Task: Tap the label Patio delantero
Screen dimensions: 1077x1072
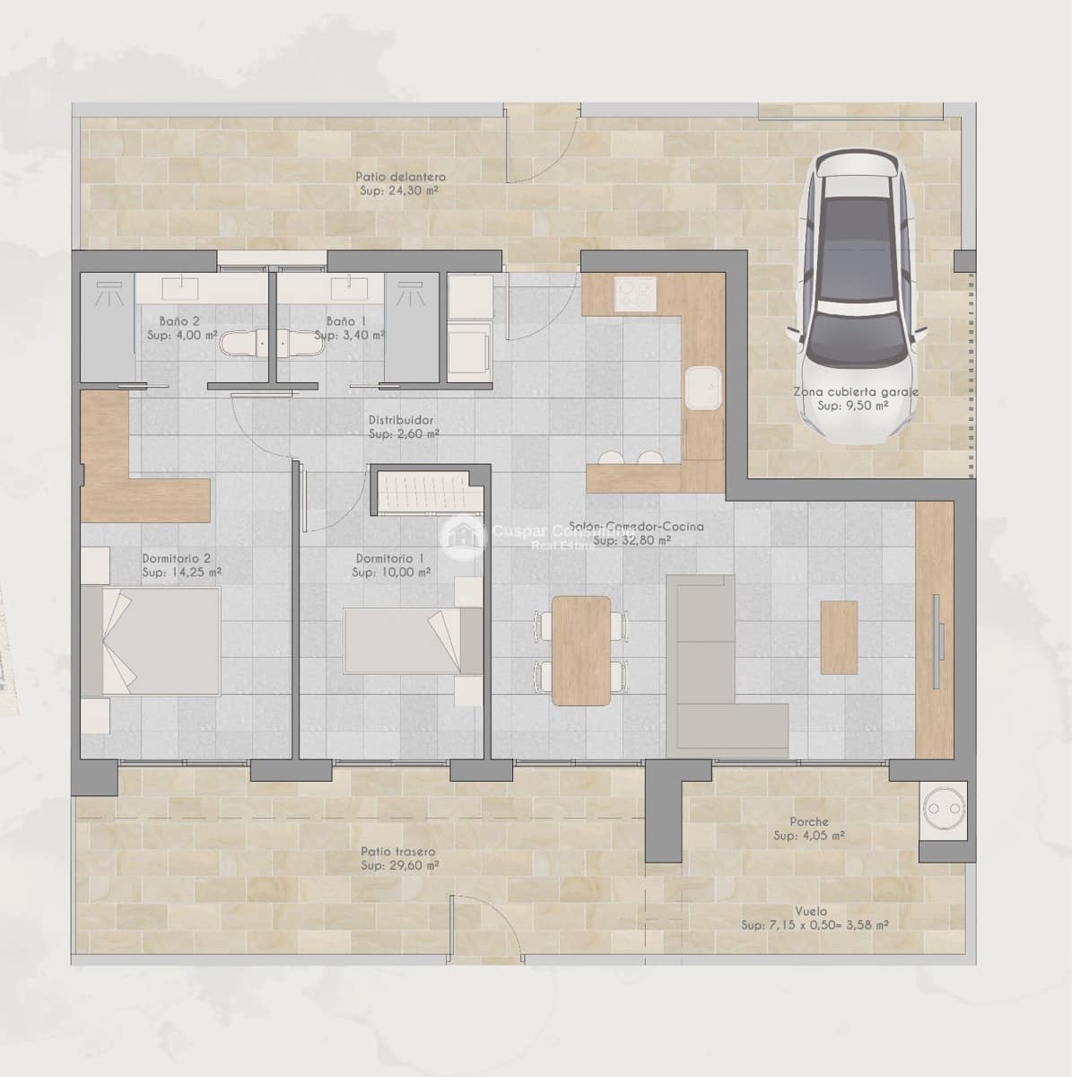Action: point(400,177)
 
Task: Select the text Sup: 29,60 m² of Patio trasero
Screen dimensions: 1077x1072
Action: point(400,866)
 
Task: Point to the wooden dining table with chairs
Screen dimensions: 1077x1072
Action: point(580,650)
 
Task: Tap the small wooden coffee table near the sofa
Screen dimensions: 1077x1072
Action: point(838,636)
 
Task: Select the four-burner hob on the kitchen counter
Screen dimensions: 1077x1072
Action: point(635,292)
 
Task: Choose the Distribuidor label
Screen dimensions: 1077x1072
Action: point(401,420)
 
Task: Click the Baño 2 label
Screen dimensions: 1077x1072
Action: point(179,320)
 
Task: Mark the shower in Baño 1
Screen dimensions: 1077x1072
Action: point(414,328)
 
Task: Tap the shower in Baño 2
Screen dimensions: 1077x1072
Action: point(108,328)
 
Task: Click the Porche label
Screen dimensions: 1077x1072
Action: point(808,821)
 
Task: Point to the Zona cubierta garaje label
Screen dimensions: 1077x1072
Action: point(855,391)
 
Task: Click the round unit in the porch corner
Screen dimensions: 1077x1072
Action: point(942,810)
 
